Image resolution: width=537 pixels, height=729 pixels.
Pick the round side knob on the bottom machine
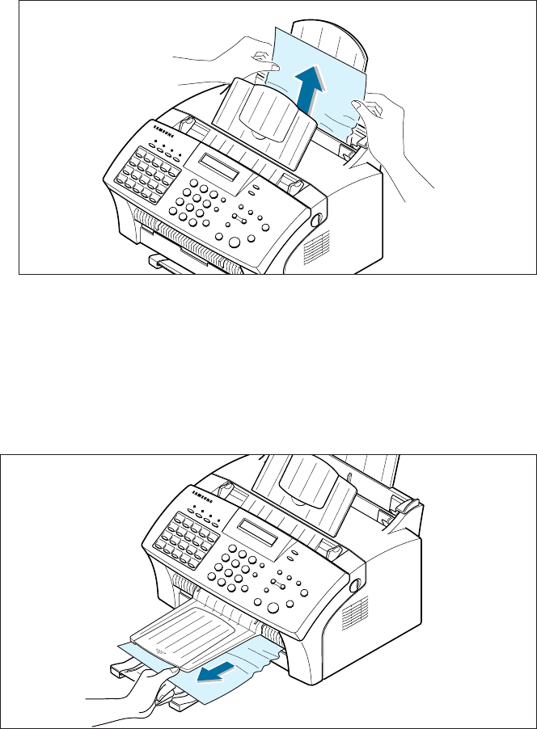[x=354, y=584]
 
